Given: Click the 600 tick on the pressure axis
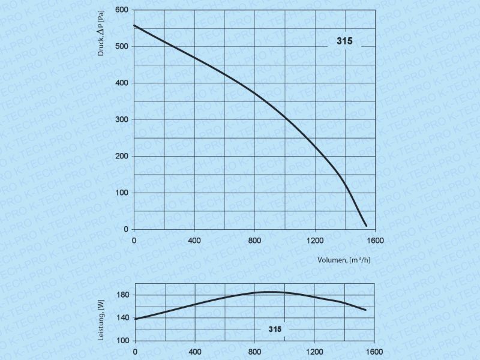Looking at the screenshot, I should tap(122, 10).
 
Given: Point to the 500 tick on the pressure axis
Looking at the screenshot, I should tap(122, 46).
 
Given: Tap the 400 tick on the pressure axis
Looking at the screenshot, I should tap(122, 83).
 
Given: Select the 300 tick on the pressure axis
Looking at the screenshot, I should tap(122, 119).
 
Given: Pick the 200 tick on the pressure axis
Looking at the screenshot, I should tap(122, 156).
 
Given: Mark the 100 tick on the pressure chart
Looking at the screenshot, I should tap(122, 193).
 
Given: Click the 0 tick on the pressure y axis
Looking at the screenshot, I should tap(125, 229).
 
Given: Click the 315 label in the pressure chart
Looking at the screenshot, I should tap(344, 42).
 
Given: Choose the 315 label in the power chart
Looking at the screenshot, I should tap(275, 329).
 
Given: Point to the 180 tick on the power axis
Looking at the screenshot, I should tap(122, 295).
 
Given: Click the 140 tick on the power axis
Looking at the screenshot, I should tap(122, 317).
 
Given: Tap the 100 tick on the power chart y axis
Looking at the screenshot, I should tap(122, 340).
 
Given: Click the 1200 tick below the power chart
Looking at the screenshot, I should tap(314, 352).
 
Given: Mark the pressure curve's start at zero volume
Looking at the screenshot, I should tap(134, 25).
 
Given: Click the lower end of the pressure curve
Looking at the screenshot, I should tap(366, 226).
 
